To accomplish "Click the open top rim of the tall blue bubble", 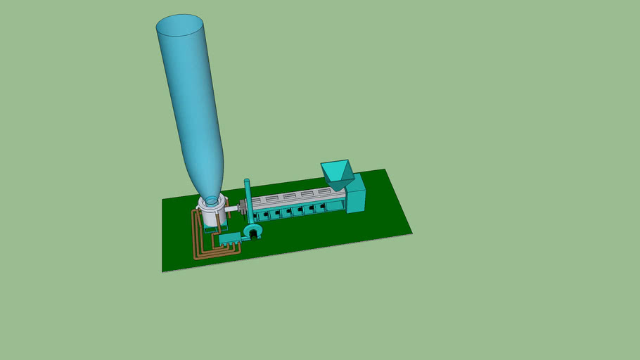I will coord(180,27).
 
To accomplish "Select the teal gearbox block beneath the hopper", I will coord(356,195).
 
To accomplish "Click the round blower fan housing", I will coord(252,231).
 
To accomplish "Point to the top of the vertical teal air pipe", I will coord(247,182).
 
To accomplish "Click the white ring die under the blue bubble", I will coord(211,207).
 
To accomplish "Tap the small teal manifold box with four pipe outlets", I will coord(226,240).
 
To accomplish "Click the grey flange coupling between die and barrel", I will coord(243,208).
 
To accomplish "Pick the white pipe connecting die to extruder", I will coord(232,209).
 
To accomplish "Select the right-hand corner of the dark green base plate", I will coord(411,232).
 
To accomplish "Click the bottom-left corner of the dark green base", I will coord(163,271).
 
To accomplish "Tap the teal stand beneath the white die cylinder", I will coord(210,227).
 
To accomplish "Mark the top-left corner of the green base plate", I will coord(163,200).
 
